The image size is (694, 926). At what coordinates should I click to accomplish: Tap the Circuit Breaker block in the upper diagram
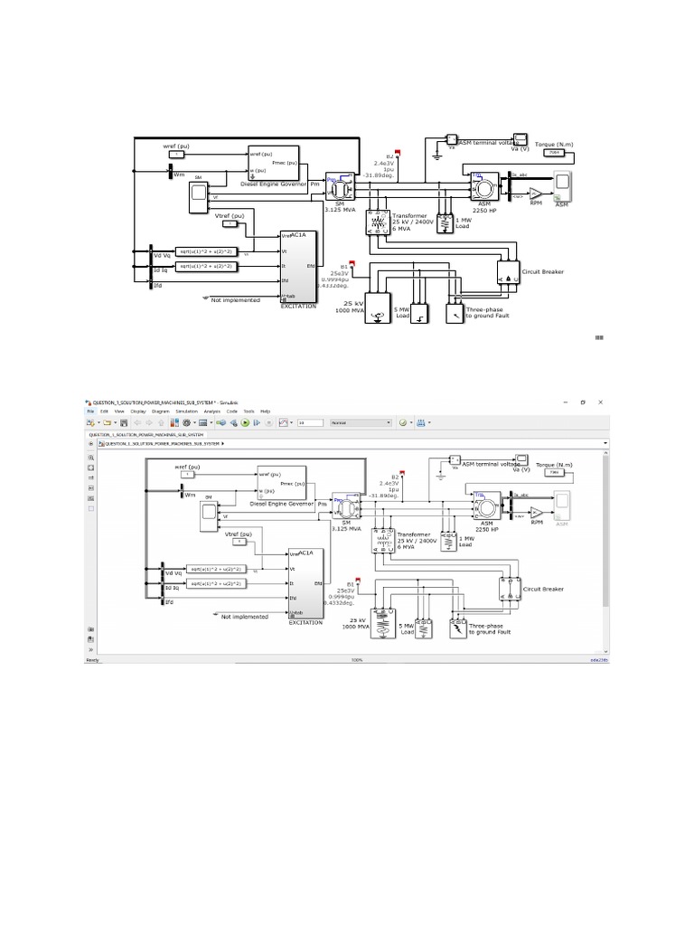510,269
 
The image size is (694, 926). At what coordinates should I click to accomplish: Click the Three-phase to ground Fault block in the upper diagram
454,313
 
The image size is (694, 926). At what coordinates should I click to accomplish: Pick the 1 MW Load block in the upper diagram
444,224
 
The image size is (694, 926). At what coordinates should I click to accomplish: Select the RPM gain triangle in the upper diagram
536,194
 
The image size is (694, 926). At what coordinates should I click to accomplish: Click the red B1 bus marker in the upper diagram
353,264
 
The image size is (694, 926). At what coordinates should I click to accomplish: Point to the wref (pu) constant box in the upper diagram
177,155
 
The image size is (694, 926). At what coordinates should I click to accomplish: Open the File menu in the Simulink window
90,411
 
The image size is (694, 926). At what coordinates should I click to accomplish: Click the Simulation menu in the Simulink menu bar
185,411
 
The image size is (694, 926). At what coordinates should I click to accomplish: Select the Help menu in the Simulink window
266,411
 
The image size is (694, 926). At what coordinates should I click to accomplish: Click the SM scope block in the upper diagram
198,196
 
